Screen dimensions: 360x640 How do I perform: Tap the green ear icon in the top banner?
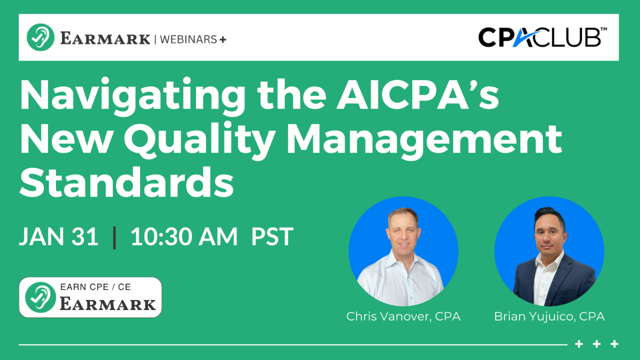pos(40,37)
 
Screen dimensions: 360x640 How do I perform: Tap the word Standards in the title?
pos(126,182)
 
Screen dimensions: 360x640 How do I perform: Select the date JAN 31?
pos(58,236)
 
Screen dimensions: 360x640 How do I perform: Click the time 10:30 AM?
pos(184,236)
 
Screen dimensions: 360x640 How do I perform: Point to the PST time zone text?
pos(272,236)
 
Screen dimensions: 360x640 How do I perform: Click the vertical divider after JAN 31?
pos(115,237)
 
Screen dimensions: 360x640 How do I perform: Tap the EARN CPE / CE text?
pos(95,287)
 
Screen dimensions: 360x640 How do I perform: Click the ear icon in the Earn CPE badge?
pos(40,298)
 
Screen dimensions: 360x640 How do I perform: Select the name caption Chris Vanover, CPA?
pos(403,316)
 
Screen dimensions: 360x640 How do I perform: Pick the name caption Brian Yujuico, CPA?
pos(549,316)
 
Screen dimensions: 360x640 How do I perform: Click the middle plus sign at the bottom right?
pos(597,344)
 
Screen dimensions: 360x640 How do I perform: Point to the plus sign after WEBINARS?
pos(222,39)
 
